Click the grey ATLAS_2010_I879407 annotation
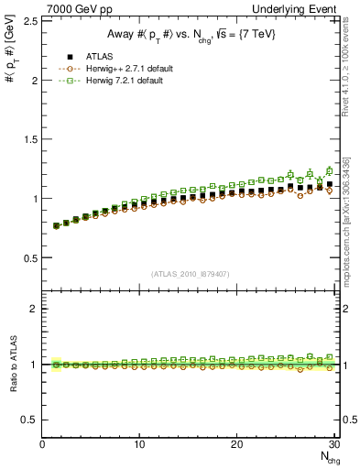click(x=191, y=274)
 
